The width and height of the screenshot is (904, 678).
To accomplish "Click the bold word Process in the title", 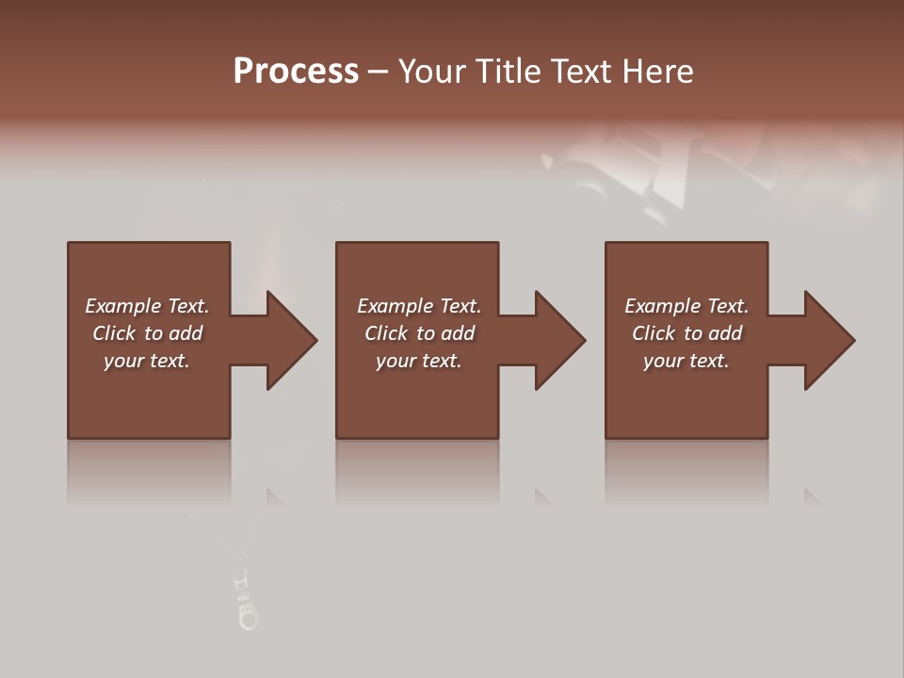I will [x=296, y=72].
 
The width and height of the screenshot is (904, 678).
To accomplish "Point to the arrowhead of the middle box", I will [x=558, y=340].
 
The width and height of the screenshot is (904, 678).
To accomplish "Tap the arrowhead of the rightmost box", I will [x=828, y=340].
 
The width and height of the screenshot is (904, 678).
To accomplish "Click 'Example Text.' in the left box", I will [x=147, y=306].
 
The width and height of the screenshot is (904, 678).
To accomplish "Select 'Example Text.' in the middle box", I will [x=419, y=306].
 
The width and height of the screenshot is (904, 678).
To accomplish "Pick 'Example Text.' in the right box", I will [x=686, y=306].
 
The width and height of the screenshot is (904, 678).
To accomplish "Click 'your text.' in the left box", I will [x=147, y=361].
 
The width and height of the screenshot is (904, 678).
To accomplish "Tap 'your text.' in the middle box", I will [x=419, y=361].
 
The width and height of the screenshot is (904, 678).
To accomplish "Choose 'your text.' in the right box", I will [x=686, y=361].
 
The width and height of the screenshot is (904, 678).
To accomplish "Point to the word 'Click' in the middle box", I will [x=386, y=333].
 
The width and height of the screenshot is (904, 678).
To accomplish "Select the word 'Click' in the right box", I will [x=654, y=333].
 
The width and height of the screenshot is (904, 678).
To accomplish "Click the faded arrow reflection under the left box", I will [x=275, y=498].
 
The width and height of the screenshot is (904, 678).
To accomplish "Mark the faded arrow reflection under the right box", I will [x=812, y=498].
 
